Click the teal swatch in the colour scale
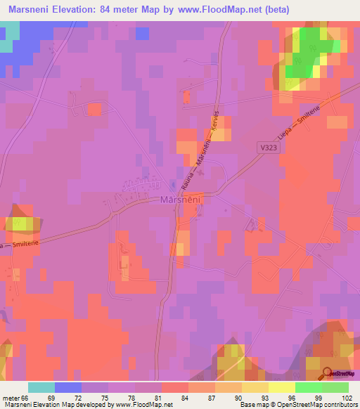pos(41,387)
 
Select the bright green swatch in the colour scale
pos(309,387)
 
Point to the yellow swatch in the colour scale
pos(282,387)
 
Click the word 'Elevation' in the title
pos(81,10)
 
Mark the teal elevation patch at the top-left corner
pos(8,38)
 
